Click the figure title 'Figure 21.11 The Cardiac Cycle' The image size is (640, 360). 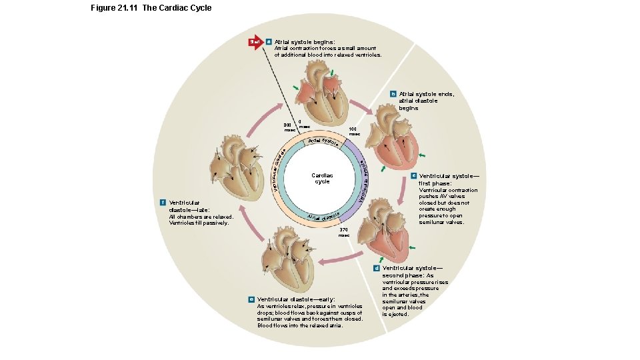pyautogui.click(x=151, y=8)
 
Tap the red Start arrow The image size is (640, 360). pyautogui.click(x=255, y=42)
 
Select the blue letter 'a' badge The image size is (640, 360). pyautogui.click(x=269, y=42)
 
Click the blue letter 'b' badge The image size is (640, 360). pyautogui.click(x=393, y=94)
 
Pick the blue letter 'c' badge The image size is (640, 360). pyautogui.click(x=413, y=176)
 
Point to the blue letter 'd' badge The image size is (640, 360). pyautogui.click(x=376, y=268)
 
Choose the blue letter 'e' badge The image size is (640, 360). pyautogui.click(x=251, y=300)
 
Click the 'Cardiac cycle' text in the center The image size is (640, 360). pyautogui.click(x=322, y=179)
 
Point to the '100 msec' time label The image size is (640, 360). pyautogui.click(x=353, y=131)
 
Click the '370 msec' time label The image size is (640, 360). pyautogui.click(x=343, y=233)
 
